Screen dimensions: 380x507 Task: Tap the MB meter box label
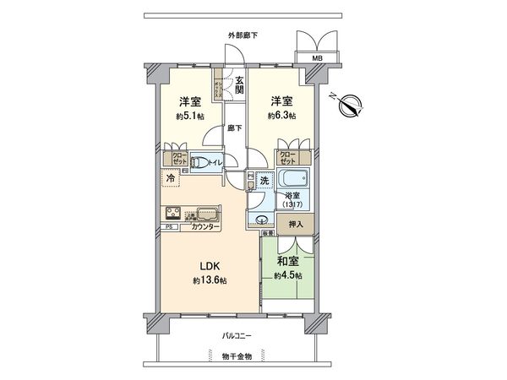pyautogui.click(x=318, y=58)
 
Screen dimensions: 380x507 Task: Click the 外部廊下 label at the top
pyautogui.click(x=243, y=35)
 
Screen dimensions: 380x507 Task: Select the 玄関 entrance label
pyautogui.click(x=239, y=84)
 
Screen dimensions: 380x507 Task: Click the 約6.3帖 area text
pyautogui.click(x=281, y=115)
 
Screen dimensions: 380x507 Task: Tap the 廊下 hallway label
pyautogui.click(x=235, y=128)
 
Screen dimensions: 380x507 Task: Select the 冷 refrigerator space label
pyautogui.click(x=171, y=179)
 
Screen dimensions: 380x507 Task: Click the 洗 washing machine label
pyautogui.click(x=264, y=181)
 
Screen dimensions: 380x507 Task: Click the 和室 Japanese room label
pyautogui.click(x=287, y=262)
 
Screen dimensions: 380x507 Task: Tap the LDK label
pyautogui.click(x=208, y=265)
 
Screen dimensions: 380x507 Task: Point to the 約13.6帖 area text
pyautogui.click(x=208, y=280)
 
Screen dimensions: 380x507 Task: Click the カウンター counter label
pyautogui.click(x=206, y=228)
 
